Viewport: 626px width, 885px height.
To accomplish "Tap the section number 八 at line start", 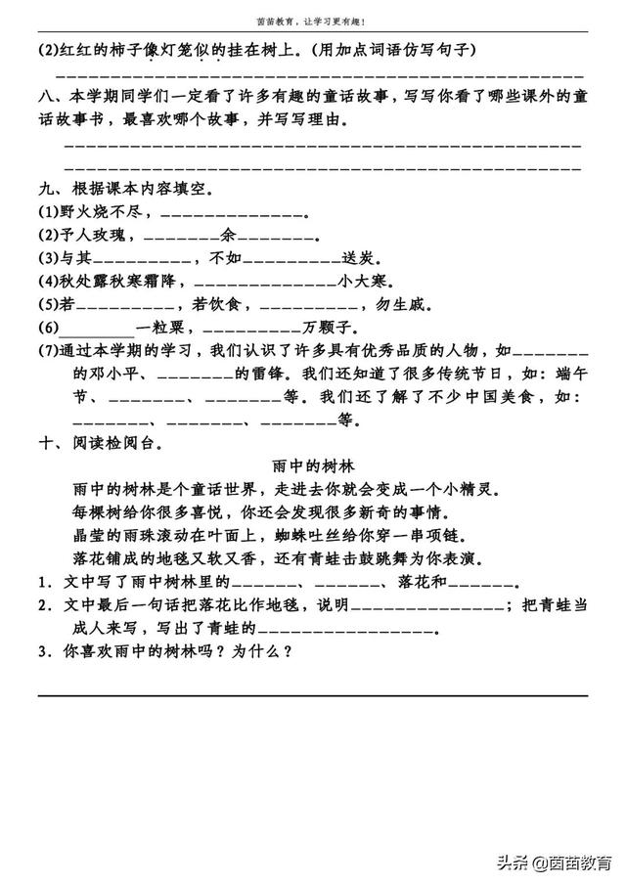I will click(x=45, y=98).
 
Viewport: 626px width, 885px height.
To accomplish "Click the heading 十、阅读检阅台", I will click(x=103, y=443).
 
